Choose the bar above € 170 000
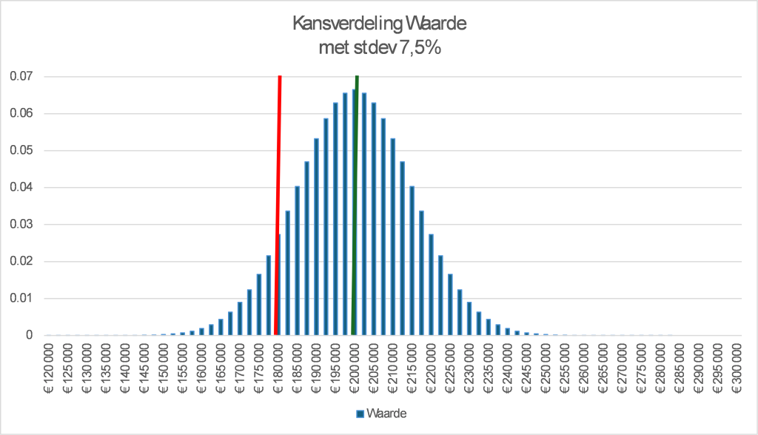(239, 319)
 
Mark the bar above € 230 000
(469, 319)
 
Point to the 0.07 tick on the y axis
(22, 76)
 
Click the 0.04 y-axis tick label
(22, 187)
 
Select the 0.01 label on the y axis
(22, 298)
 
